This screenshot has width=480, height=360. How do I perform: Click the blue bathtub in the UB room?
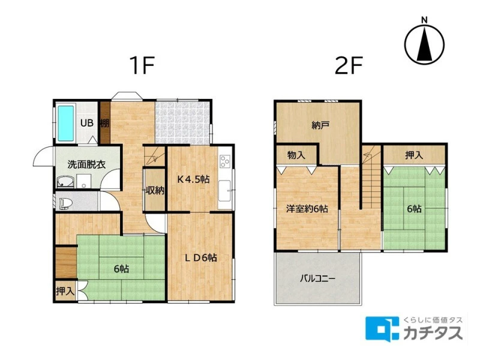tap(66, 124)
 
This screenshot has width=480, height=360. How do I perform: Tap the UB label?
tap(86, 123)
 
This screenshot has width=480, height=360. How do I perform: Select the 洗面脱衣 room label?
tap(86, 164)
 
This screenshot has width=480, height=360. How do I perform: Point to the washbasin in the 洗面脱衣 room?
tap(65, 182)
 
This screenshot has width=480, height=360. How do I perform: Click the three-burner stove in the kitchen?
tap(225, 161)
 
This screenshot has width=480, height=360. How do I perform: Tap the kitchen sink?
tap(224, 191)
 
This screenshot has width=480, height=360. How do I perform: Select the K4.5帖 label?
tap(193, 179)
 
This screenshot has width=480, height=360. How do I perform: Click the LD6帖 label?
tap(201, 257)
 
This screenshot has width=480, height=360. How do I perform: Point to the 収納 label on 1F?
tap(155, 190)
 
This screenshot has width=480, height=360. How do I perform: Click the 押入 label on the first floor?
tap(65, 291)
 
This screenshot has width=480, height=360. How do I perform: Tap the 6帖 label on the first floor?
tap(121, 269)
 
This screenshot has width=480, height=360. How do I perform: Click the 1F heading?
tap(142, 65)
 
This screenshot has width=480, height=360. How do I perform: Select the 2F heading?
tap(349, 65)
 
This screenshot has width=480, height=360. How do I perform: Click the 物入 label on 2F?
tap(296, 155)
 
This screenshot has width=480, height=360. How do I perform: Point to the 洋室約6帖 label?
tap(307, 209)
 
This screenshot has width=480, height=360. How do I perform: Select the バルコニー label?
tap(318, 278)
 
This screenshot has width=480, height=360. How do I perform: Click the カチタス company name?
tap(433, 333)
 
